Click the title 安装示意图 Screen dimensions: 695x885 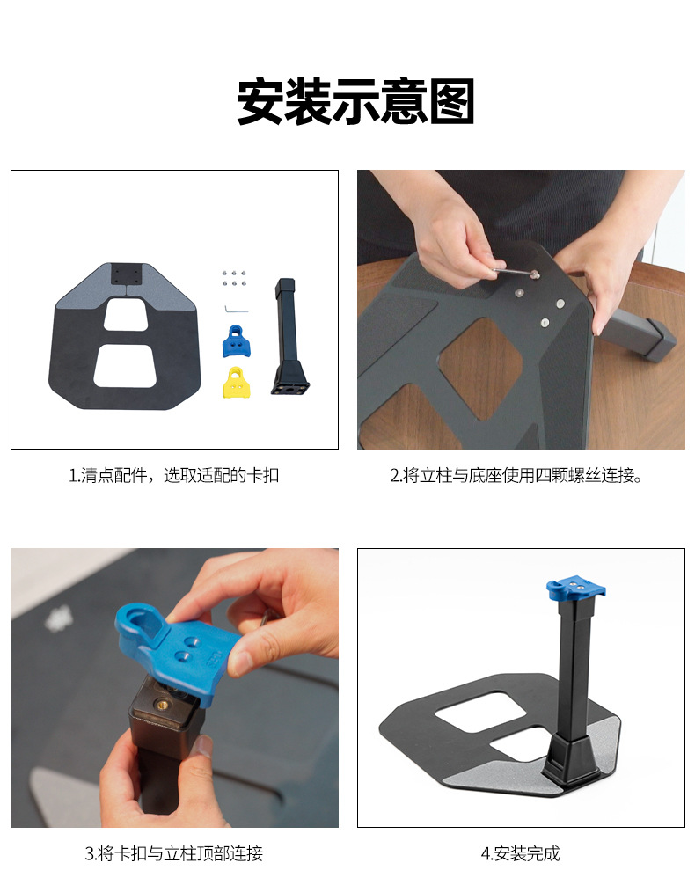[355, 101]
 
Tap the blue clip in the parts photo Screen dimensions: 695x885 [237, 341]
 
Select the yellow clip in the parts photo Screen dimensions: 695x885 [238, 383]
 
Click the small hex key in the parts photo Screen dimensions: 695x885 [236, 310]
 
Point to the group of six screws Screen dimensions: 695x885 [234, 278]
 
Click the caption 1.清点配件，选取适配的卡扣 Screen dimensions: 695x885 [174, 476]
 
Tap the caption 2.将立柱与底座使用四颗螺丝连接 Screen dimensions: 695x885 [516, 476]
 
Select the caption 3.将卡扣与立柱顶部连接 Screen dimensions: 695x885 [174, 853]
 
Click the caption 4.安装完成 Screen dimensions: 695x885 [521, 853]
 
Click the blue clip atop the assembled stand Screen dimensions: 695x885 [575, 589]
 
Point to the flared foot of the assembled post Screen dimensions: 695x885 [571, 759]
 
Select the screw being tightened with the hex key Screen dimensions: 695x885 [533, 274]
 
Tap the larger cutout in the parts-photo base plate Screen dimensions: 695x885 [125, 366]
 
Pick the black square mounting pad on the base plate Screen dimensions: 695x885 [126, 274]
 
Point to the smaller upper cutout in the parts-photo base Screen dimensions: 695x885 [126, 315]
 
